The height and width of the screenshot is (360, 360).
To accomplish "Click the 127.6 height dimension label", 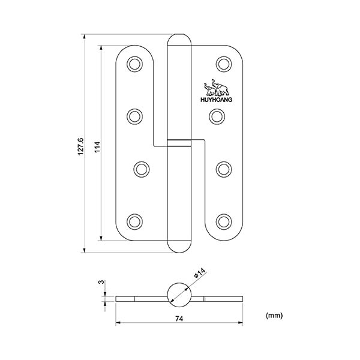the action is (80, 146).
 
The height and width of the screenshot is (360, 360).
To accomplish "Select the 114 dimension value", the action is (97, 147).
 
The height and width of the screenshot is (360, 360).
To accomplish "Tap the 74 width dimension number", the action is (179, 319).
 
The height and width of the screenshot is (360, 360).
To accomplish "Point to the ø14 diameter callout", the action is (199, 273).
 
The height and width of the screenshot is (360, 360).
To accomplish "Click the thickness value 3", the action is (101, 282).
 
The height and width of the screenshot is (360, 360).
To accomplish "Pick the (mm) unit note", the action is (274, 316).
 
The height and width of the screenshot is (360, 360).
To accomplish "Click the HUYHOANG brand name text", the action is (216, 100).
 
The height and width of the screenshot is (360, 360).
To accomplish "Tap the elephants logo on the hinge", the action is (216, 88).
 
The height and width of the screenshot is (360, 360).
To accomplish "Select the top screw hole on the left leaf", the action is (134, 64).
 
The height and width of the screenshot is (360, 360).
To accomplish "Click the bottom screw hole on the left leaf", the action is (134, 222).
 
